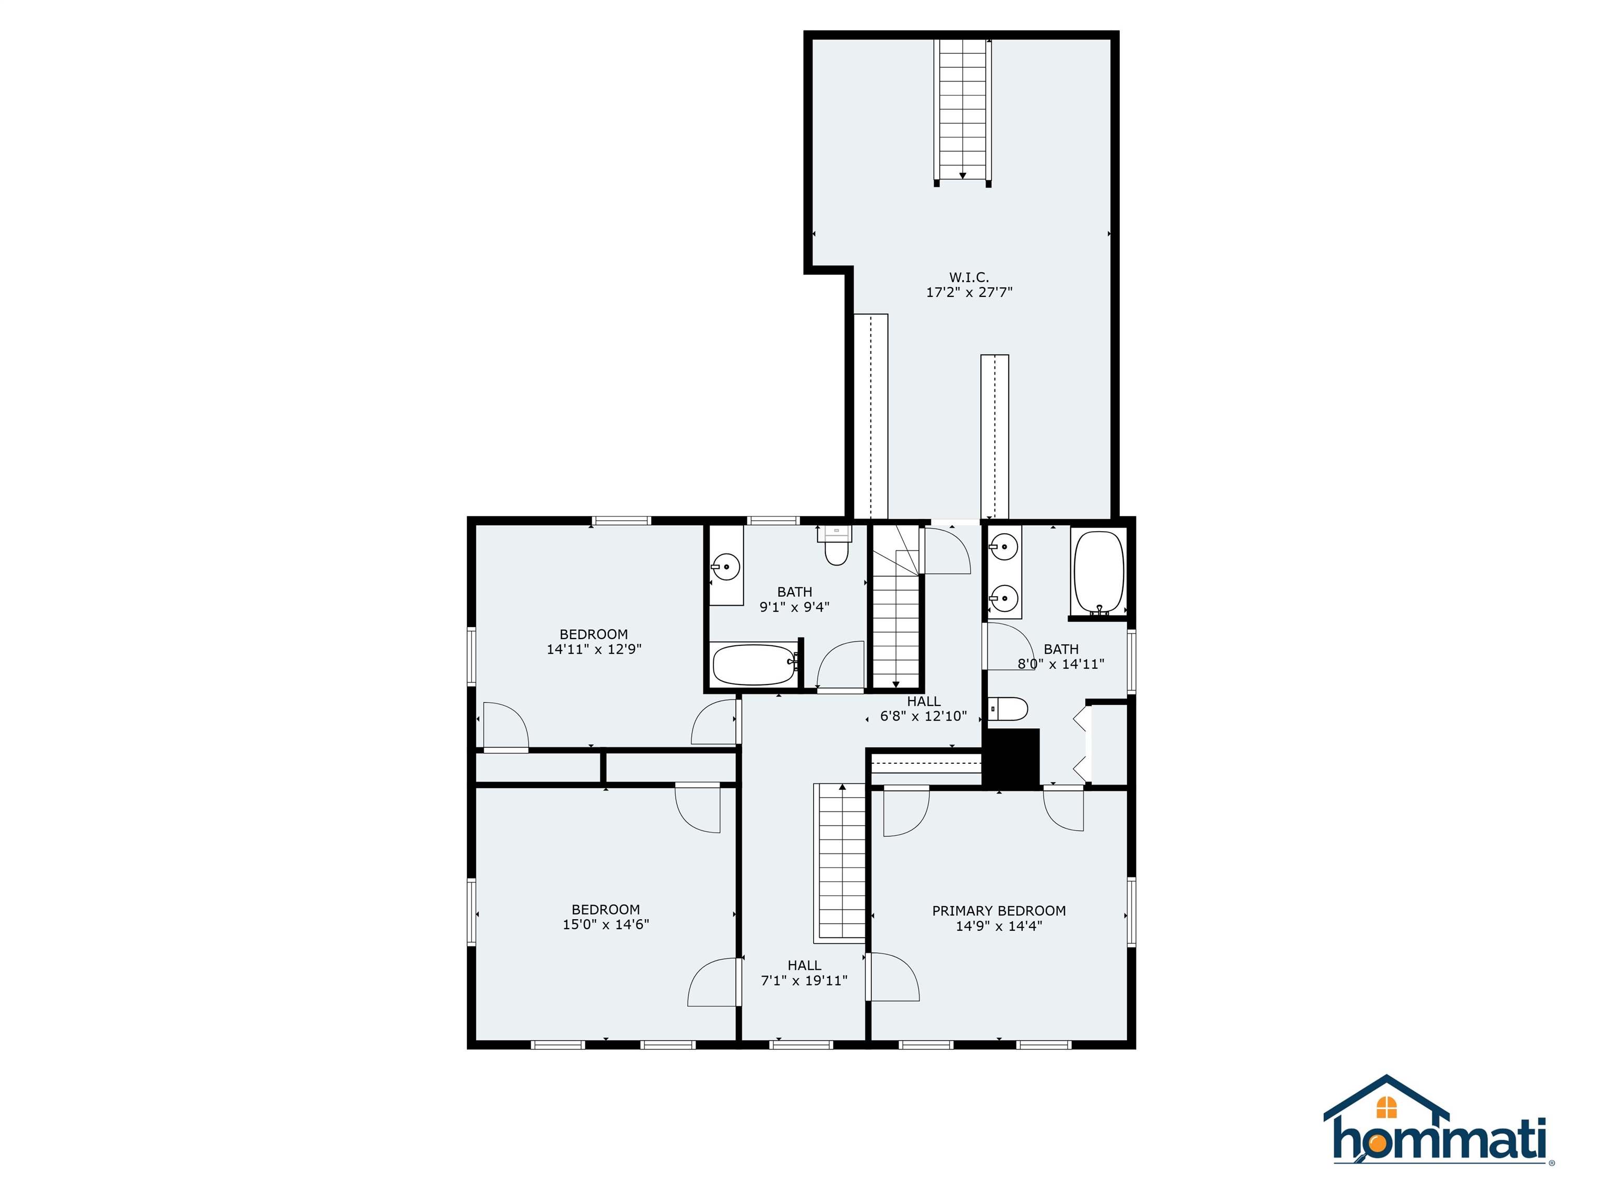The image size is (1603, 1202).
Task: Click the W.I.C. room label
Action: tap(969, 278)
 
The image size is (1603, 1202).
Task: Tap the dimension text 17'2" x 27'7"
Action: tap(969, 293)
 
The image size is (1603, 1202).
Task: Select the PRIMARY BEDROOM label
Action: tap(999, 911)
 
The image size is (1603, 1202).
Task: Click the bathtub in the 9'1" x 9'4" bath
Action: tap(755, 665)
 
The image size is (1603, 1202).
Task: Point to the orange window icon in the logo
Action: tap(1386, 1107)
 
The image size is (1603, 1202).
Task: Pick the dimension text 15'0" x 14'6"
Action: tap(606, 924)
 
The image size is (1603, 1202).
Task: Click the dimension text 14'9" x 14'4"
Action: tap(999, 926)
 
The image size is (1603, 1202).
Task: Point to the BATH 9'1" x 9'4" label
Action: tap(794, 599)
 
